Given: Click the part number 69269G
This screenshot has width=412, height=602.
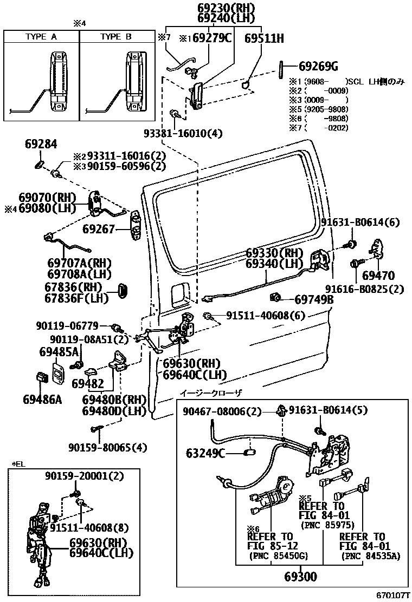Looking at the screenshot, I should click(318, 67).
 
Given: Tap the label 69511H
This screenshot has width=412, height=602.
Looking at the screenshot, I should click(264, 38).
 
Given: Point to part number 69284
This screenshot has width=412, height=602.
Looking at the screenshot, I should click(41, 145).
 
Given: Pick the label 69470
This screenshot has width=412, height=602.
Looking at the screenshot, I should click(378, 275).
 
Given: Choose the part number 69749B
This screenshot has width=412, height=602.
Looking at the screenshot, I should click(314, 299).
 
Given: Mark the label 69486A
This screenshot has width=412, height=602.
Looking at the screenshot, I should click(42, 400).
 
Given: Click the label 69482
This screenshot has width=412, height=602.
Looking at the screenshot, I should click(88, 383).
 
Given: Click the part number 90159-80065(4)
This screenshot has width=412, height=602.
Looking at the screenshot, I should click(108, 447).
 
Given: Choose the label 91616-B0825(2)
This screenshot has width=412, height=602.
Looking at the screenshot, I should click(364, 289).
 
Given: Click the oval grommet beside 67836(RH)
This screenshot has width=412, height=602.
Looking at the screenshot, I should click(124, 289).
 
